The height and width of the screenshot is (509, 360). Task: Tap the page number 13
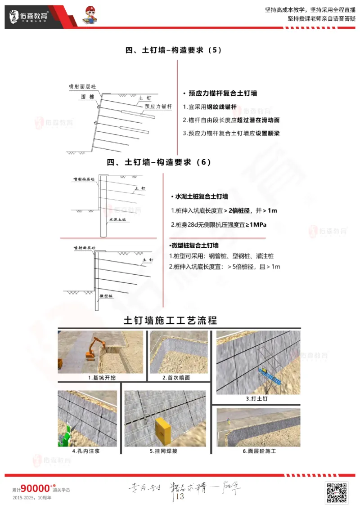coord(180,496)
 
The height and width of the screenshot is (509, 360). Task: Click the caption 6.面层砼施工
coord(259,451)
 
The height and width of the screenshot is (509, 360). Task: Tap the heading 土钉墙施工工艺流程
coord(171,321)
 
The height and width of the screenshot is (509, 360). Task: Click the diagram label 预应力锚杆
coord(158,107)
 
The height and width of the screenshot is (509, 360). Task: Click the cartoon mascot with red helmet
coord(93,17)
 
